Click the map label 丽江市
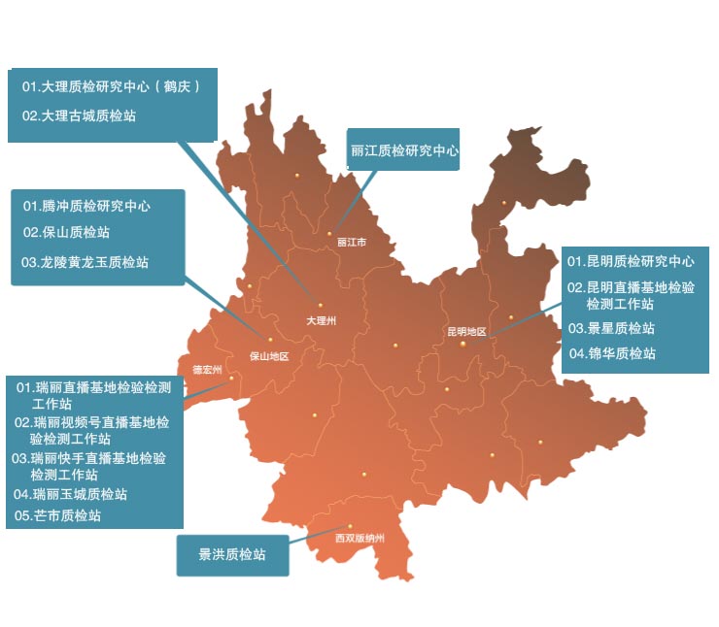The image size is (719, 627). (x=351, y=243)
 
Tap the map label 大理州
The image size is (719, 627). (x=321, y=319)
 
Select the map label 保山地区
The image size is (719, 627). (x=269, y=355)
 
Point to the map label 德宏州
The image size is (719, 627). (x=207, y=370)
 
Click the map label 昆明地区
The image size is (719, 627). (x=466, y=331)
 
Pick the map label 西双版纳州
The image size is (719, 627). (x=359, y=537)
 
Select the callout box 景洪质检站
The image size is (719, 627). (x=232, y=555)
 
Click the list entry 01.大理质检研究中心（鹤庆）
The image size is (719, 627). (x=112, y=87)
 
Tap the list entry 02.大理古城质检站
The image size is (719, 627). (x=79, y=115)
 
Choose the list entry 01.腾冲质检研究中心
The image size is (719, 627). (x=86, y=207)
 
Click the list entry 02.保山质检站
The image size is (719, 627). (x=66, y=233)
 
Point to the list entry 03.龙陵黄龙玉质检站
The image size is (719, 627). (x=86, y=262)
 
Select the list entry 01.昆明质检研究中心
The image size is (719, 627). (x=631, y=262)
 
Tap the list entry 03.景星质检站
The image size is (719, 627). (x=611, y=328)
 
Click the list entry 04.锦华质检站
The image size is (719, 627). (x=612, y=353)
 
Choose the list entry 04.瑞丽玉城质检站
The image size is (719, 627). (x=71, y=494)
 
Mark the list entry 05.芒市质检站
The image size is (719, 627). (x=58, y=516)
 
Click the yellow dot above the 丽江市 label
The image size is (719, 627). (x=329, y=233)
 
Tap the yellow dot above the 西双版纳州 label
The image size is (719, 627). (x=352, y=526)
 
